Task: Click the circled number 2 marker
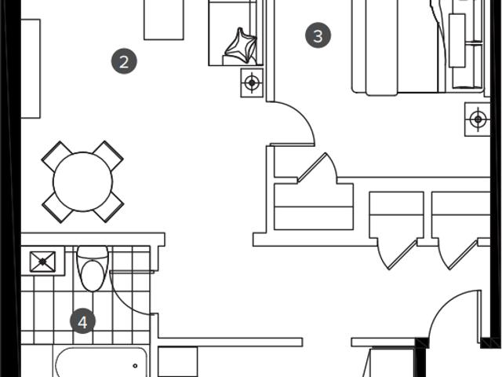[x=124, y=61]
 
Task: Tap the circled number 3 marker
[x=318, y=35]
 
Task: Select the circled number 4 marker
[x=82, y=321]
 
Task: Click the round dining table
[x=83, y=181]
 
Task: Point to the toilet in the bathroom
[x=93, y=269]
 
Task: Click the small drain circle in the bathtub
[x=135, y=366]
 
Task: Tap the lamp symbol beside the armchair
[x=252, y=82]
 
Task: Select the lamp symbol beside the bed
[x=478, y=119]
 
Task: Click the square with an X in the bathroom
[x=42, y=262]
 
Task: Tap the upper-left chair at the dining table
[x=56, y=156]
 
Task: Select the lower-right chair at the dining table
[x=109, y=207]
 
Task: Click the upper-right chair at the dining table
[x=108, y=156]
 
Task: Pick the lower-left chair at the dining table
[x=57, y=207]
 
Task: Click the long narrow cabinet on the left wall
[x=31, y=68]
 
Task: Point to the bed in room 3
[x=417, y=47]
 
